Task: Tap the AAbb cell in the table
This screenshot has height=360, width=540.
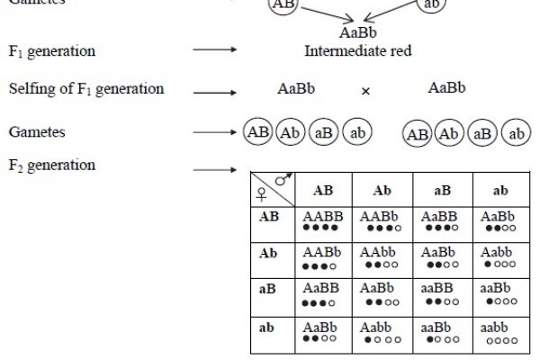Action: (x=378, y=258)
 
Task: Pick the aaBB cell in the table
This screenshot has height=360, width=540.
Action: (x=439, y=294)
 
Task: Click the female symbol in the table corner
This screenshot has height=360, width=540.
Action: (x=262, y=193)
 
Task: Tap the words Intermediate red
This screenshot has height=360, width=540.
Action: (x=358, y=51)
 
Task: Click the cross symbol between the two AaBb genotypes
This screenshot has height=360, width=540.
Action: (x=365, y=91)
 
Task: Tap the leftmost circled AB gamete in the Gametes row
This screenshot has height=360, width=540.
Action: (x=257, y=133)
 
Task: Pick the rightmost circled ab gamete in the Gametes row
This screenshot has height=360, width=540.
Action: (x=516, y=134)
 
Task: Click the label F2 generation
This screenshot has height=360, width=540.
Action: (x=51, y=166)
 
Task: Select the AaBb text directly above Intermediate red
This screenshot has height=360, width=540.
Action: (x=358, y=33)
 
